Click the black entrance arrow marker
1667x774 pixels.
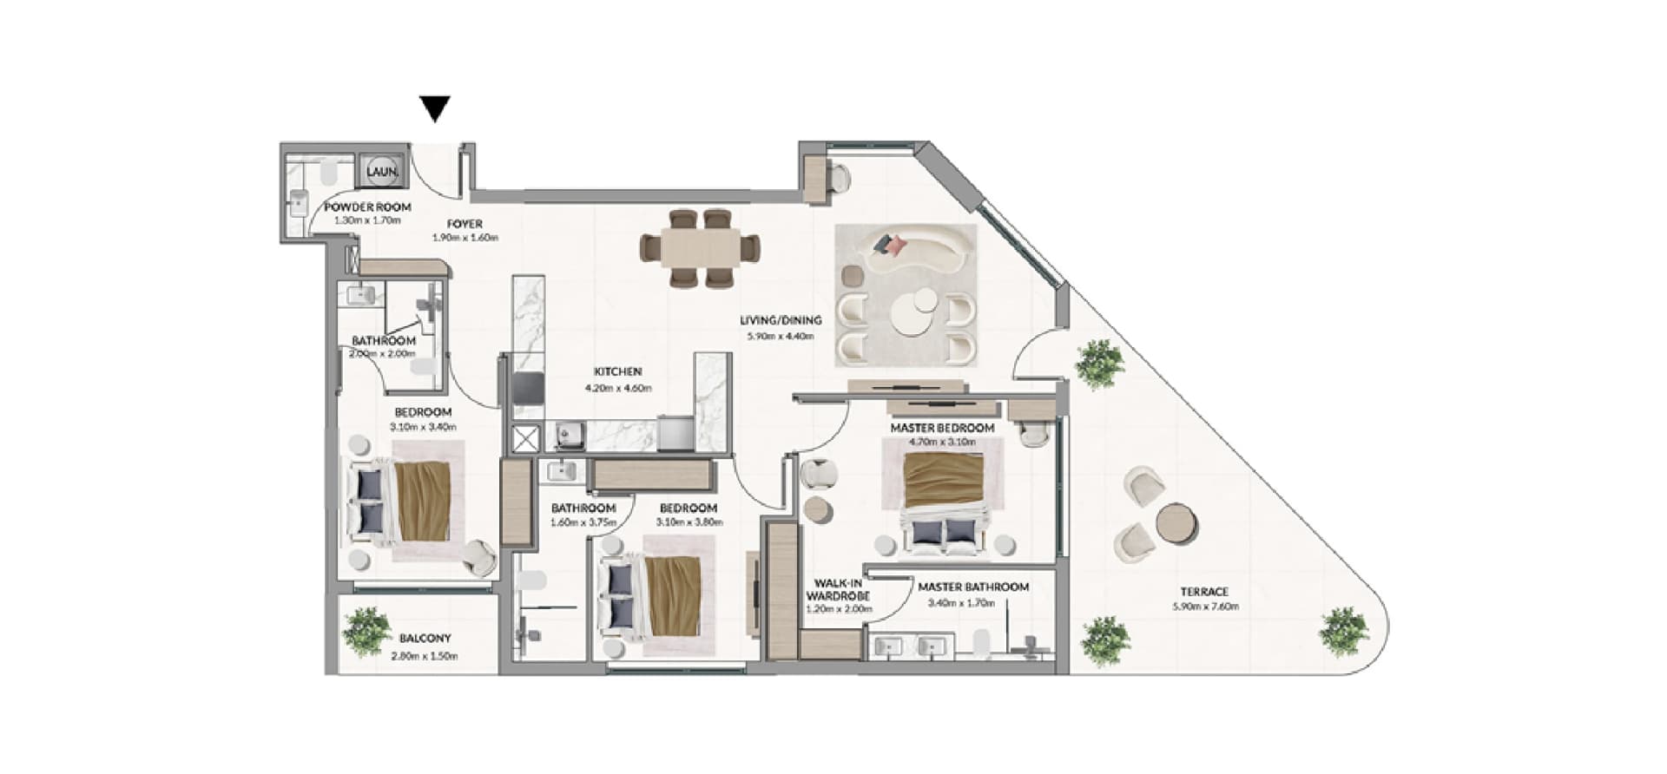435,108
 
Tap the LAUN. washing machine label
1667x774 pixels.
382,172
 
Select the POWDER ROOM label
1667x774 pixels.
367,207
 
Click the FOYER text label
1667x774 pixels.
465,224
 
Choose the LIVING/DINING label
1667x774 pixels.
781,320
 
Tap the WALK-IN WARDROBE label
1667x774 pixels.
838,590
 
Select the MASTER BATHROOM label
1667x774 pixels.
973,587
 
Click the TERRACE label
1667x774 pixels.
1205,592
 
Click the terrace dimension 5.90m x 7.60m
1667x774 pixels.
1205,607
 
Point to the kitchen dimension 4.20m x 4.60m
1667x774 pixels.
617,388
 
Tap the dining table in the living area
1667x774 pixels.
700,248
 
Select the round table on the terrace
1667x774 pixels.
1176,523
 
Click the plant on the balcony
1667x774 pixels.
366,631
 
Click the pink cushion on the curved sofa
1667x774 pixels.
895,246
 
